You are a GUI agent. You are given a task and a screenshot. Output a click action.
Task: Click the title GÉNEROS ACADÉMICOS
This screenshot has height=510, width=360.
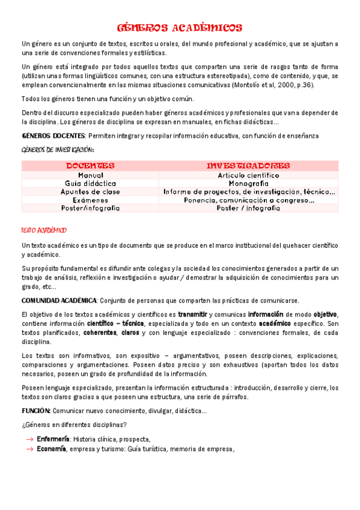(x=180, y=28)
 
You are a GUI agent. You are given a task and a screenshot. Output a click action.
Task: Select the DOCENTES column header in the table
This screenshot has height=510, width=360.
(x=90, y=165)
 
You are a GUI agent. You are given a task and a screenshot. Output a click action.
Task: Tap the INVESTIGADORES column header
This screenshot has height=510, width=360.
(x=248, y=165)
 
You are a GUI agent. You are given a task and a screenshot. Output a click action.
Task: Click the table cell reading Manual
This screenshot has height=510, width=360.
(x=90, y=175)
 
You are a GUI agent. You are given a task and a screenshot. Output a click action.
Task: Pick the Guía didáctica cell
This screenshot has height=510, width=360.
(x=90, y=183)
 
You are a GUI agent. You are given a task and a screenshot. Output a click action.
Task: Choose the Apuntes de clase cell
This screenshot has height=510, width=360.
(x=90, y=191)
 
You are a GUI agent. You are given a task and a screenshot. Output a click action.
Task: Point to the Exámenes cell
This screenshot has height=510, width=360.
(x=90, y=200)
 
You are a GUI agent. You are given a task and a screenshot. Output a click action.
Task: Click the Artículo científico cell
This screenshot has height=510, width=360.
(x=248, y=175)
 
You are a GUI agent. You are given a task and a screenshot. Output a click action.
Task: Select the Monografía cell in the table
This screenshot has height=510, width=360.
(x=248, y=183)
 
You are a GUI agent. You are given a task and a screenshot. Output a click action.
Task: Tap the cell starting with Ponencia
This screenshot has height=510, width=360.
(x=248, y=200)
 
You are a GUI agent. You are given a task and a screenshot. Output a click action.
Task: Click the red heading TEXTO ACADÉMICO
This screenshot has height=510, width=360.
(x=43, y=230)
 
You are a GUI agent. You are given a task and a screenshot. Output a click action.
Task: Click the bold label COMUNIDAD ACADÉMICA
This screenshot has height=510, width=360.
(x=58, y=300)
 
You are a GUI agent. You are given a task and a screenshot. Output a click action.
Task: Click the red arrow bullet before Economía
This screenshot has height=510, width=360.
(x=29, y=449)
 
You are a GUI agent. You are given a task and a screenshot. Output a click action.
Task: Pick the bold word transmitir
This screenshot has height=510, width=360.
(x=192, y=315)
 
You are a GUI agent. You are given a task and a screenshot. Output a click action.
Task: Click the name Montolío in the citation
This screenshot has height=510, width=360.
(x=245, y=85)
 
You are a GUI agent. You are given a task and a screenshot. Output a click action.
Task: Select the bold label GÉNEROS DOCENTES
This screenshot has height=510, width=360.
(x=53, y=135)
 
